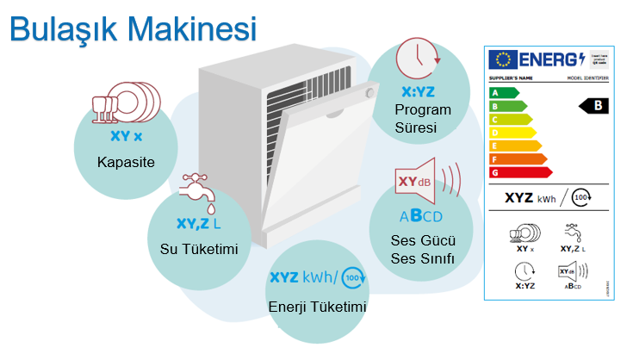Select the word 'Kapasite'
click(x=125, y=161)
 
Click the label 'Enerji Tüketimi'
click(x=318, y=307)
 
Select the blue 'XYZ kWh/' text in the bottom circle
click(x=304, y=277)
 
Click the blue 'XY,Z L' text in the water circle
click(x=198, y=223)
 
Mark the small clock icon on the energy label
click(x=525, y=270)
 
